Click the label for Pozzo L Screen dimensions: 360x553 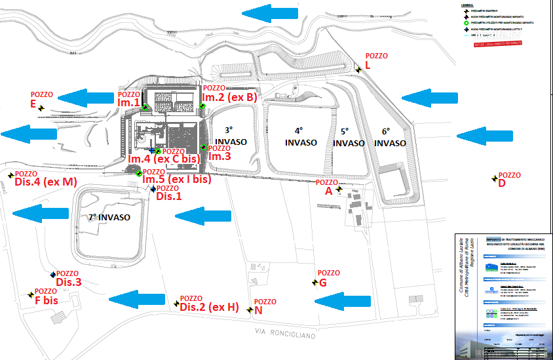(368, 66)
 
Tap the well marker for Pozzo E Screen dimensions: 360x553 (41, 108)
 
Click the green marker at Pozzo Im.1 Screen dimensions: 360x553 (145, 108)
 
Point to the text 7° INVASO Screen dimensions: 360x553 (109, 217)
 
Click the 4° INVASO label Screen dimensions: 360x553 (301, 136)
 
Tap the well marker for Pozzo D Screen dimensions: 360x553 (495, 178)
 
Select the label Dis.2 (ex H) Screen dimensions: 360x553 (209, 308)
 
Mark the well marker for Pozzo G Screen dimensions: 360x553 (315, 283)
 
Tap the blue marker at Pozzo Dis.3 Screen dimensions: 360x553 (52, 275)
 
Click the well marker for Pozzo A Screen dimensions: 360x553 (339, 190)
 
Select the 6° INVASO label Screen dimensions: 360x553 (394, 136)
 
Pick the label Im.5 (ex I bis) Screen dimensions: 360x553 (176, 179)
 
